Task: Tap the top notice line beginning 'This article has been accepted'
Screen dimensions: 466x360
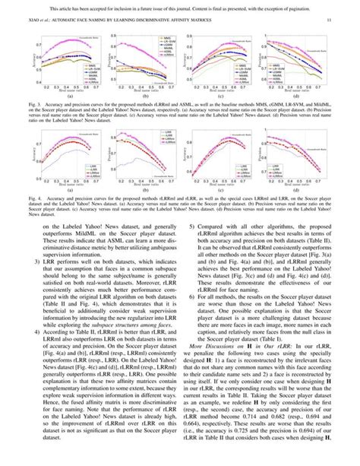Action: click(180, 5)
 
